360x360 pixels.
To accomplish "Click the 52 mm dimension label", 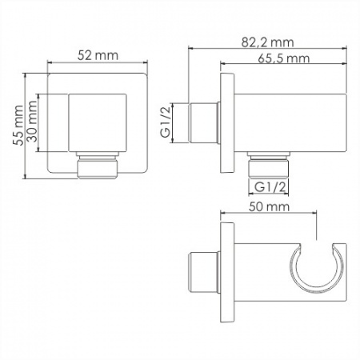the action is (x=98, y=55).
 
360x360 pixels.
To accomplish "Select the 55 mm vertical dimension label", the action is (x=18, y=126).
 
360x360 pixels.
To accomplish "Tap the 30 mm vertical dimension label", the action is (x=32, y=122).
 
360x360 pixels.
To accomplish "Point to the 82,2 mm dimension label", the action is (x=267, y=42).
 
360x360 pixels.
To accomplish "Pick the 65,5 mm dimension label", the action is (x=284, y=58).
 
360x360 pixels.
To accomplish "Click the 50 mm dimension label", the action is (x=269, y=206).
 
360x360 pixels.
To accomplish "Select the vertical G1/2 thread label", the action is (x=166, y=122).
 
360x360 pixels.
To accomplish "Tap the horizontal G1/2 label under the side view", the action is (x=270, y=187).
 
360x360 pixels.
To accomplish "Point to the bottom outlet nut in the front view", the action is (x=98, y=166).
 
